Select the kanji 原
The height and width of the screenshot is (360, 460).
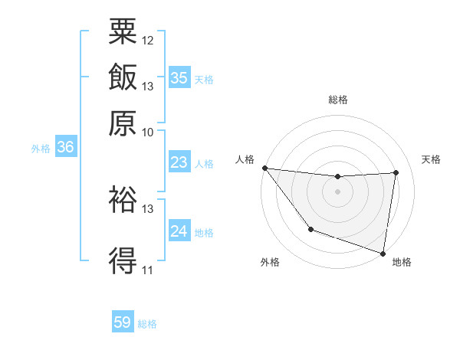pos(123,123)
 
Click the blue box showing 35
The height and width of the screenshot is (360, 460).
pos(179,78)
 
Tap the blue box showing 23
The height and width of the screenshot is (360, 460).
pos(179,162)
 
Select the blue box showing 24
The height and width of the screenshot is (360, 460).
pos(179,231)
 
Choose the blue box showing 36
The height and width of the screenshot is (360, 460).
pos(65,148)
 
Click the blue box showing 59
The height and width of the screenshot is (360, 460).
pos(123,322)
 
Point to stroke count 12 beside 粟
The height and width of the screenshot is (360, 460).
pos(148,40)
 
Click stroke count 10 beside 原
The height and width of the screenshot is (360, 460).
pos(148,132)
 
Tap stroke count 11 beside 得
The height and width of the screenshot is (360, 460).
pos(148,270)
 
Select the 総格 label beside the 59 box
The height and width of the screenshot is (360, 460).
pos(147,324)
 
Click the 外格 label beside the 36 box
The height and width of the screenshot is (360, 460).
pos(40,149)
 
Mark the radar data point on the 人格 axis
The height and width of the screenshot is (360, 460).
pos(264,168)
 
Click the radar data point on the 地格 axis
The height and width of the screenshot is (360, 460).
pos(383,253)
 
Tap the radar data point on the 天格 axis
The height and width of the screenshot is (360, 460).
pos(396,172)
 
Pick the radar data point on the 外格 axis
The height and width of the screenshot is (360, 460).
pos(310,229)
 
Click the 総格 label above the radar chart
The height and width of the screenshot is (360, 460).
pos(337,100)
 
